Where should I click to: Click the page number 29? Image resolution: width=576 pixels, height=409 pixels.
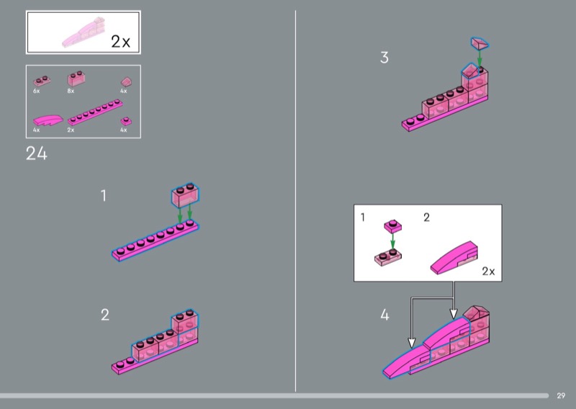coord(561,396)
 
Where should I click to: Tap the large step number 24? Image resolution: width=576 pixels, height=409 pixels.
coord(37,153)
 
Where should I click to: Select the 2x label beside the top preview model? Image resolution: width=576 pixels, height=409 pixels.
coord(120,42)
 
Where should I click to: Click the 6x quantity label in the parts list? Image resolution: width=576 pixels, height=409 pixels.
coord(37,91)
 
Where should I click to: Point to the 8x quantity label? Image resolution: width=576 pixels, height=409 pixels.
coord(71,91)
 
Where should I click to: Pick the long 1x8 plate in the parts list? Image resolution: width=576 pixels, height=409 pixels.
coord(95,112)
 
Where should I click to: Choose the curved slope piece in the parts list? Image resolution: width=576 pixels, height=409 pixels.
coord(48,120)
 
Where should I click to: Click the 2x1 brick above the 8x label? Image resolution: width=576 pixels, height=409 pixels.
coord(76,78)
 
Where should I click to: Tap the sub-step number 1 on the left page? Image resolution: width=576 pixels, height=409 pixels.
coord(104,195)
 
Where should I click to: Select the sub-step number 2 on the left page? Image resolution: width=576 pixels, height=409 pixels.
coord(105,315)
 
